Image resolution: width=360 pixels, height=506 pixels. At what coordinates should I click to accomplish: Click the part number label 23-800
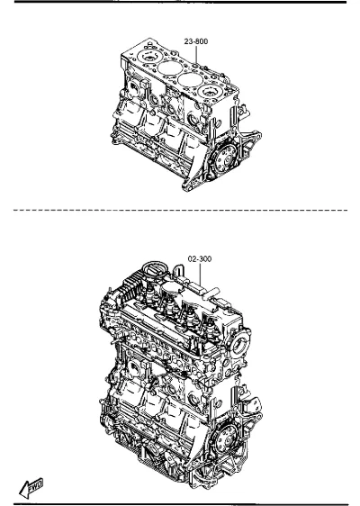coord(196,41)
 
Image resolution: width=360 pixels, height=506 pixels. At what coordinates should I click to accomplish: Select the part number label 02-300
coord(200,258)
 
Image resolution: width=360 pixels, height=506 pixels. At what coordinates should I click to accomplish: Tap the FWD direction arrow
coord(31,488)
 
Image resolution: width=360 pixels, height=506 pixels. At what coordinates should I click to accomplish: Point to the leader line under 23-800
coord(196,55)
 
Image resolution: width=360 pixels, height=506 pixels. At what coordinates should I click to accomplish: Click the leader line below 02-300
coord(200,274)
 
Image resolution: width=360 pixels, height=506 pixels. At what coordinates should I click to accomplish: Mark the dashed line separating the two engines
coord(180,210)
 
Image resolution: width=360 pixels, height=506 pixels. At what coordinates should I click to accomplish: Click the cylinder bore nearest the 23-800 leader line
coord(191,79)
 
